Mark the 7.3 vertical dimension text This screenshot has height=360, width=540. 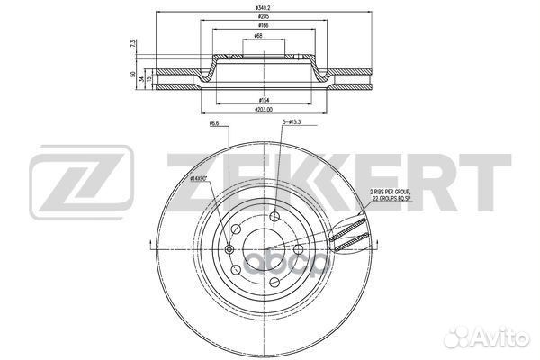pos(133,43)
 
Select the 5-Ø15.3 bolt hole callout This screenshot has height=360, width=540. pos(292,121)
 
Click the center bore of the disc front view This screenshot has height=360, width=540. pos(261,245)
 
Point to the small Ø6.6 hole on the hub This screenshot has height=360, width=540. pos(229,249)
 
